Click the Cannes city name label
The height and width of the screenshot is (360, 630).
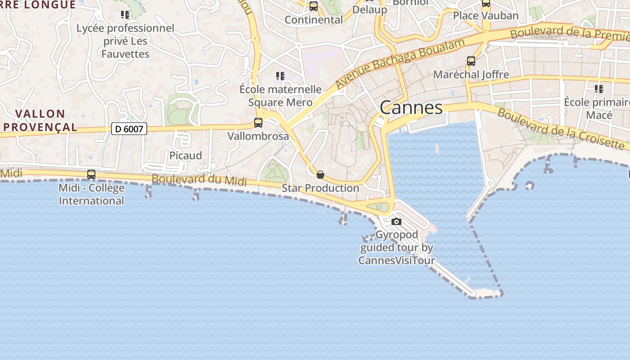(411, 108)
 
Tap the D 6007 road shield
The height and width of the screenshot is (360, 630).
(129, 129)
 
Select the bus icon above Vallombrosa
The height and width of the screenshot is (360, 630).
(258, 122)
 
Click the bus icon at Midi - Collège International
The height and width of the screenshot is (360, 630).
(91, 174)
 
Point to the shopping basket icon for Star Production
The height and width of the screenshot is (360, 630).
(320, 175)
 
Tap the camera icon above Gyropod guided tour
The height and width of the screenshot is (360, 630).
(396, 221)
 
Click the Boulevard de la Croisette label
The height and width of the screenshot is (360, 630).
(561, 129)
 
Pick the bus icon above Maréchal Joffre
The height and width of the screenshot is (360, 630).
(471, 61)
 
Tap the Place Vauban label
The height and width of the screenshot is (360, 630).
(486, 15)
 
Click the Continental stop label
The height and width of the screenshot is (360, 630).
(314, 20)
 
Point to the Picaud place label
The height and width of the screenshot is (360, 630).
(185, 155)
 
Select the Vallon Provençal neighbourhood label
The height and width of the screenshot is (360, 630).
(40, 120)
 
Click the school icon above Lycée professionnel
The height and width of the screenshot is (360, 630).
(125, 15)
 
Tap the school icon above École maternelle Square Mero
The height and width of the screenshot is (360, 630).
(280, 76)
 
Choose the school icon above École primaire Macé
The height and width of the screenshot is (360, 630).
(598, 89)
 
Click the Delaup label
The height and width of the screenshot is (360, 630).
(369, 9)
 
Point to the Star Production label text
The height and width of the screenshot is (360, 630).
(320, 188)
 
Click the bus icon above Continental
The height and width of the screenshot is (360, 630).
(314, 6)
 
